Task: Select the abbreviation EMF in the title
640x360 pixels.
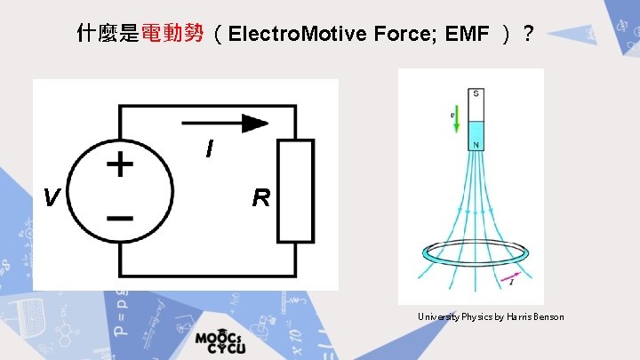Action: pos(467,35)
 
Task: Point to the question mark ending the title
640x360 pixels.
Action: pos(530,35)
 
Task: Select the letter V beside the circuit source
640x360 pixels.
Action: pos(52,197)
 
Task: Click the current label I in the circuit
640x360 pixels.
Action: pos(209,149)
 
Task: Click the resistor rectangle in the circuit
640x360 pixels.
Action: pos(296,190)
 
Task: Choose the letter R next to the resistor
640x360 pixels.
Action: pos(260,197)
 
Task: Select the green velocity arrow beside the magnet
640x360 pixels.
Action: pos(455,125)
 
